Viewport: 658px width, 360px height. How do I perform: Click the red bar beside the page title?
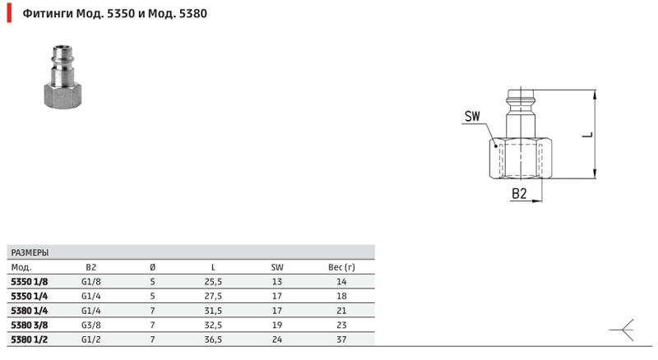[x=9, y=13]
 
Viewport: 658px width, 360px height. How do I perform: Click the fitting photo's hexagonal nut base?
[x=63, y=95]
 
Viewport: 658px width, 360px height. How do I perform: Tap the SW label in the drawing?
[x=472, y=116]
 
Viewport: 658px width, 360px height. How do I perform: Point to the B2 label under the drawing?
[x=519, y=193]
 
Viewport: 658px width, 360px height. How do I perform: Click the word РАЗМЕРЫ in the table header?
[x=30, y=252]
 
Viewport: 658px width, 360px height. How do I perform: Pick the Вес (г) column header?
[x=341, y=267]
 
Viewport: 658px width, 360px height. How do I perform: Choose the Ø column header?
[x=152, y=267]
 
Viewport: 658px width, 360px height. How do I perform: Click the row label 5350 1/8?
[x=30, y=282]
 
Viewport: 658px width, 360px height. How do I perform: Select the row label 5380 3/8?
[x=30, y=325]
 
